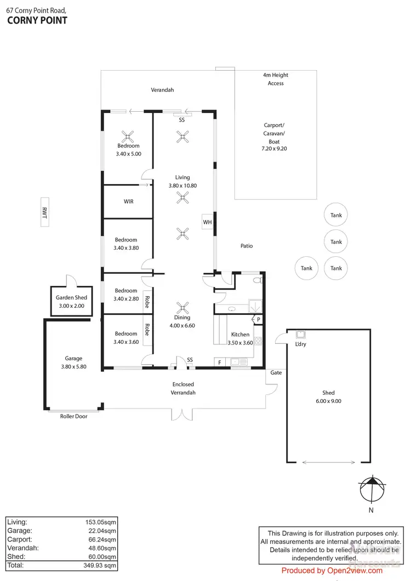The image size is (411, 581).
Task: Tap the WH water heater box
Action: coord(207,222)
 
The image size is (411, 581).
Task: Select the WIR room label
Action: coord(128,202)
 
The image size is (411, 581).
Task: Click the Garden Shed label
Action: coord(72,302)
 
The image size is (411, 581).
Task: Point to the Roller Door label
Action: coord(73,416)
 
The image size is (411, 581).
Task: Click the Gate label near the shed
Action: coord(276,372)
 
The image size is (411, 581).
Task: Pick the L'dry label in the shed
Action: coord(300,344)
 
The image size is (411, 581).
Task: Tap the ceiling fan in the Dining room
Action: coord(182,307)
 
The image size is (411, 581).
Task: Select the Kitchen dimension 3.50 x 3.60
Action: coord(240,343)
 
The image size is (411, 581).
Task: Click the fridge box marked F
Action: coord(220,362)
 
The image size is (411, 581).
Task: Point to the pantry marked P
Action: coord(258,319)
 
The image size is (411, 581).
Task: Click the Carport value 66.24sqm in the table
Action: coord(101,539)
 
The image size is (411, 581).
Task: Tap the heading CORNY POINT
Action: coord(37,21)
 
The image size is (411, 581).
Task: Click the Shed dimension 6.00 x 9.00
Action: coord(328,401)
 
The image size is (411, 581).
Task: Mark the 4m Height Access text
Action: coord(276,79)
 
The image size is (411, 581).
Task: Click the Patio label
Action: coord(247,246)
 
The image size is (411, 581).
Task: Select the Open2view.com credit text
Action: coord(332,571)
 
